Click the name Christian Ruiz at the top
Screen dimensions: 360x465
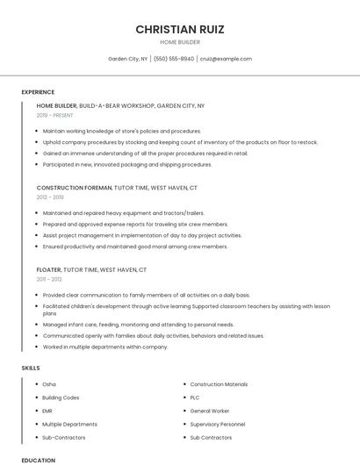tap(179, 29)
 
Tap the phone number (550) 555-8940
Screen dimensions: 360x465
tap(174, 59)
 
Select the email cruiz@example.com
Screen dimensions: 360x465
tap(226, 59)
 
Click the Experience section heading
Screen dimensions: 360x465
tap(38, 92)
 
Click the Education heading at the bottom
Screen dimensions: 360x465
tap(38, 460)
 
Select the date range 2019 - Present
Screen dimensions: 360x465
tap(55, 115)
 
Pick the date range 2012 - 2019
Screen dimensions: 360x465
tap(50, 197)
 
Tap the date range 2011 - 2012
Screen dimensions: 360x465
tap(49, 279)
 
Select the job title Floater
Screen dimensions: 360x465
tap(48, 270)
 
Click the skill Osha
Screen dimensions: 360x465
tap(49, 384)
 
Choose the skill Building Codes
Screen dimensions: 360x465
tap(61, 397)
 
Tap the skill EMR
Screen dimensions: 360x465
tap(48, 411)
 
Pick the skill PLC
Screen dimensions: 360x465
tap(195, 397)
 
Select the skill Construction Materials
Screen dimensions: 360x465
tap(219, 384)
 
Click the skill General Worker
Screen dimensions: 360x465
tap(209, 411)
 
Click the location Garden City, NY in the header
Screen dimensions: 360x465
tap(127, 59)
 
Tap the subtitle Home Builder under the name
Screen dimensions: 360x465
tap(179, 42)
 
